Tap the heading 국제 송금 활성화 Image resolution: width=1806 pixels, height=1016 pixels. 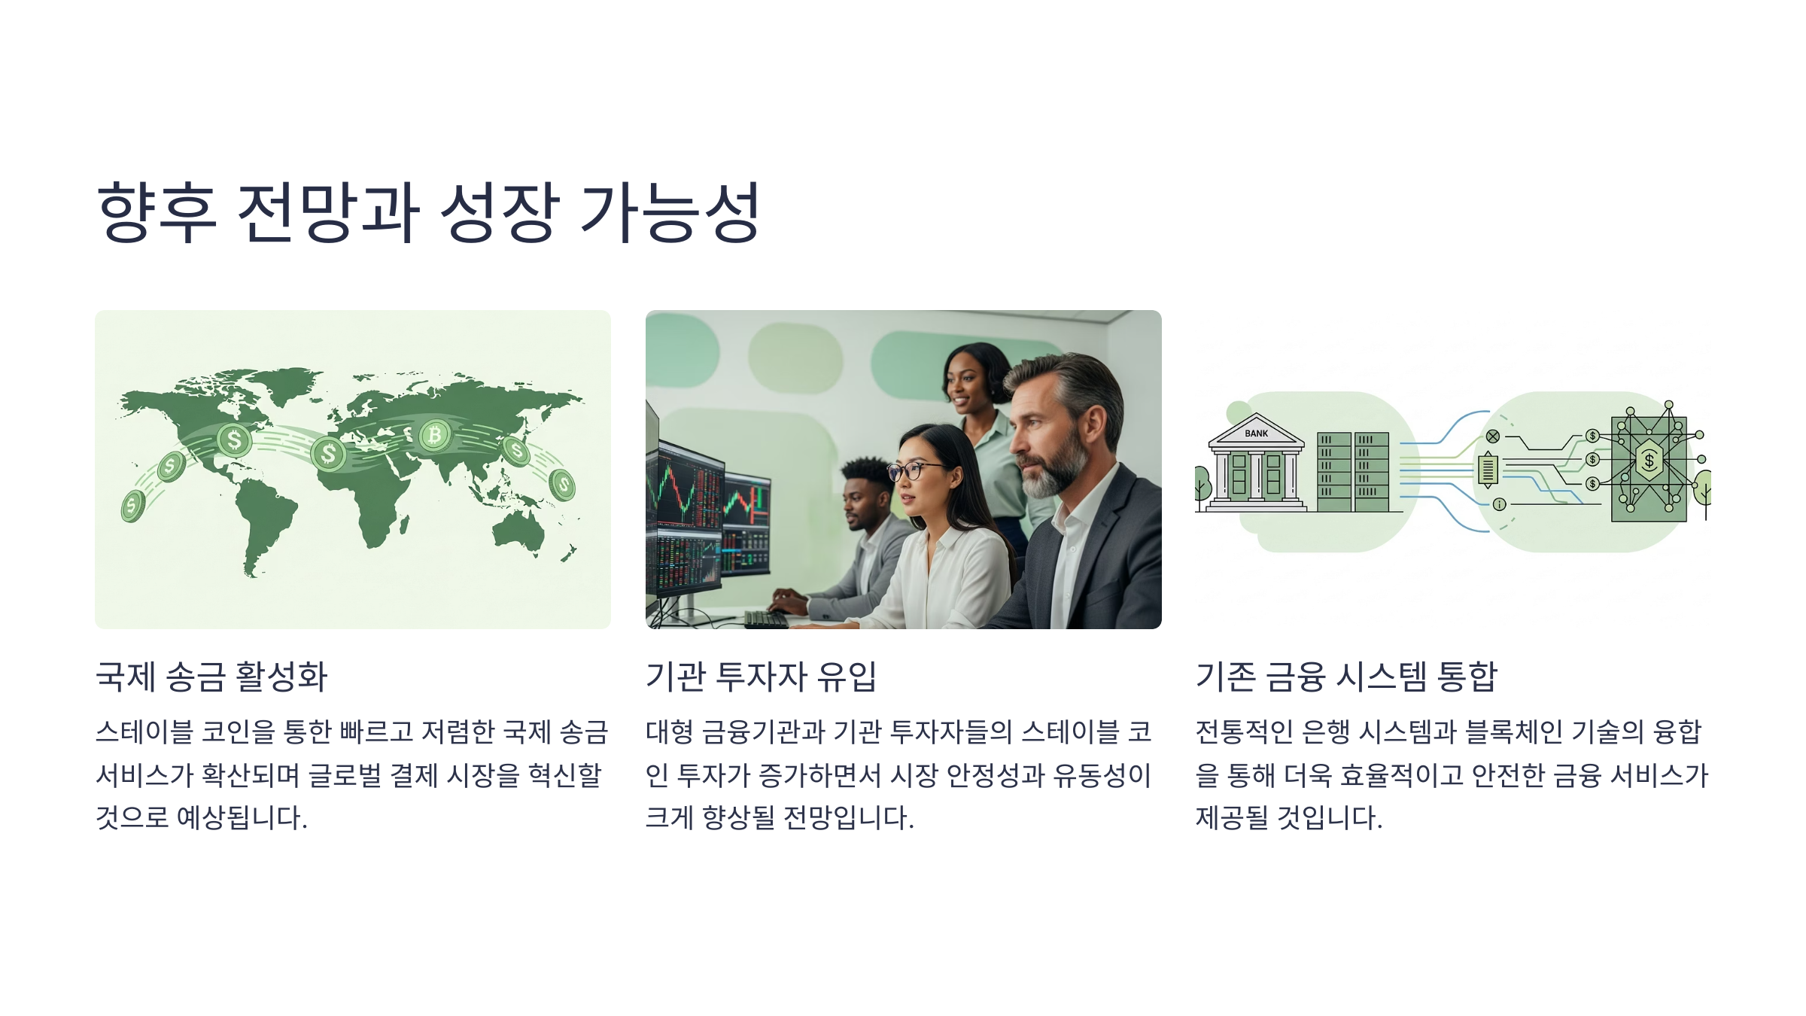pos(211,676)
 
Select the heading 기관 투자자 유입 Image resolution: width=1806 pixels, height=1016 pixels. pos(761,676)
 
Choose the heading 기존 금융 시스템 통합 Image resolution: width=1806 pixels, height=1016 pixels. pos(1346,676)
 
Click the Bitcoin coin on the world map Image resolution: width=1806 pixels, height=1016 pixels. pos(434,435)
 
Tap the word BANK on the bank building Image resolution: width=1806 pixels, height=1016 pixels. pos(1256,433)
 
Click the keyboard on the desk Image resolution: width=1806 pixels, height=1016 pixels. pos(766,619)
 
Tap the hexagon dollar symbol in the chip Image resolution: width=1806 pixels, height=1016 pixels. pos(1649,460)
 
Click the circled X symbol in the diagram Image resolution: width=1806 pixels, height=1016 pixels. pos(1493,437)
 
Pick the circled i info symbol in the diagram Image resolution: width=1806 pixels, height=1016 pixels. pos(1499,504)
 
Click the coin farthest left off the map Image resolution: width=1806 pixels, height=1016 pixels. pos(132,506)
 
